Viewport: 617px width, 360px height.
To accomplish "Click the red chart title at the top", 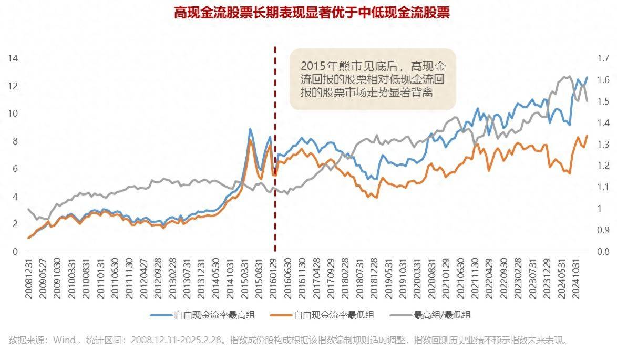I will pyautogui.click(x=312, y=13).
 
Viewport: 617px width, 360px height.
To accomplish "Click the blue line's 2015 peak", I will pyautogui.click(x=250, y=129).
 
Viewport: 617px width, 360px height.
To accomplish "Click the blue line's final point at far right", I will pyautogui.click(x=587, y=77).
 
